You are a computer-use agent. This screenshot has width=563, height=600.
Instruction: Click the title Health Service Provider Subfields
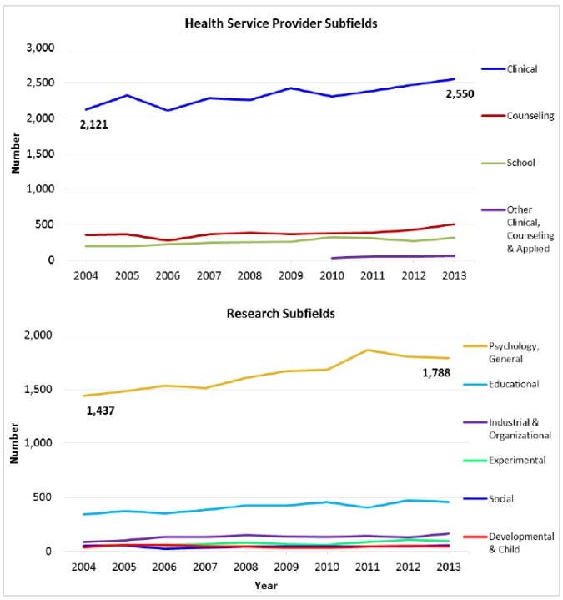pyautogui.click(x=280, y=23)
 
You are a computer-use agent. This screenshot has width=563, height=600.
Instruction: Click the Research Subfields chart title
pyautogui.click(x=280, y=314)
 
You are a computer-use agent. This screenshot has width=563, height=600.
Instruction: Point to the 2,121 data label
pyautogui.click(x=94, y=125)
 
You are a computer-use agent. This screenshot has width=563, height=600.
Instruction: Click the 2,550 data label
pyautogui.click(x=460, y=94)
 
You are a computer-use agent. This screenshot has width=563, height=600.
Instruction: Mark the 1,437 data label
pyautogui.click(x=101, y=411)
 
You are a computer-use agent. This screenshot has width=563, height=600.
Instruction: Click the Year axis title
pyautogui.click(x=267, y=585)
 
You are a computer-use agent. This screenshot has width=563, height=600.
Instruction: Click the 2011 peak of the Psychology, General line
pyautogui.click(x=368, y=350)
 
